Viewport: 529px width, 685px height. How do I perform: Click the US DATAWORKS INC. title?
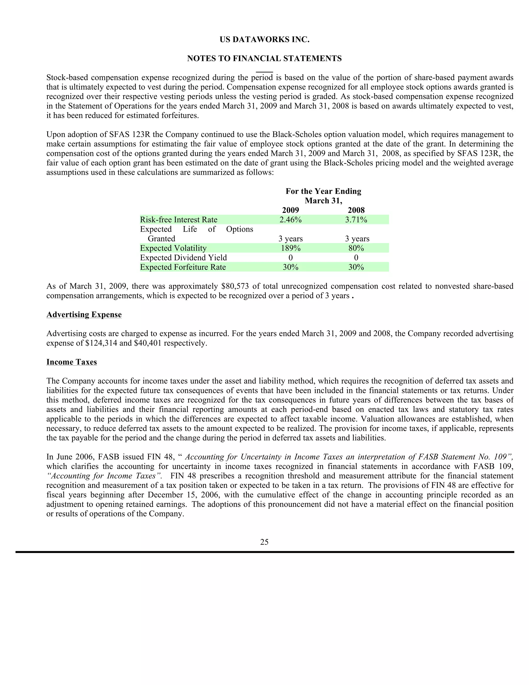click(264, 40)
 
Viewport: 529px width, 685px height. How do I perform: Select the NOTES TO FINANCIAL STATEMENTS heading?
click(264, 59)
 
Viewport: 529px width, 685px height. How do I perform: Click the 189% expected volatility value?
click(291, 248)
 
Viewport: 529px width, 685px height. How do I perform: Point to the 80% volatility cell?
click(356, 248)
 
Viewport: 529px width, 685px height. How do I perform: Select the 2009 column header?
click(291, 210)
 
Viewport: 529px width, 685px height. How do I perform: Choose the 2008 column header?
click(356, 210)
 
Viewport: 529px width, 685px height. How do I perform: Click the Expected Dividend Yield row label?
click(183, 258)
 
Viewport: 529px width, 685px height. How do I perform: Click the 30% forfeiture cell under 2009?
click(291, 267)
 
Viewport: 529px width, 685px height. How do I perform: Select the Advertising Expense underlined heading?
click(84, 315)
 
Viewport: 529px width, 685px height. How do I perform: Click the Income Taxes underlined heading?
click(72, 362)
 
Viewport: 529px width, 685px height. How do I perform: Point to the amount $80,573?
click(235, 286)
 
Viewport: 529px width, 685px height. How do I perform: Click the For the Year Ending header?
click(323, 191)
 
